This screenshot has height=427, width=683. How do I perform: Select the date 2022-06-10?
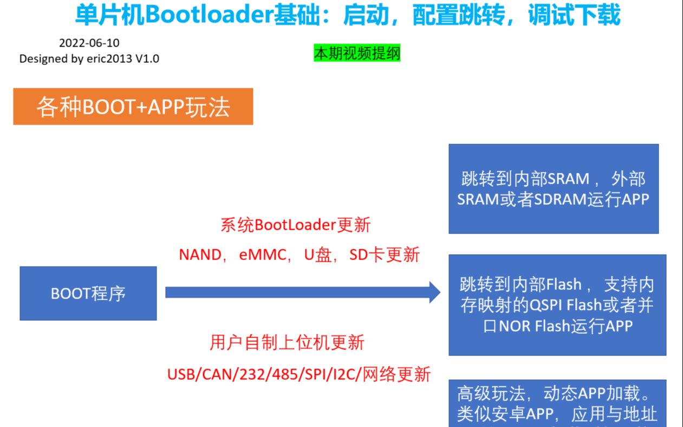tap(89, 43)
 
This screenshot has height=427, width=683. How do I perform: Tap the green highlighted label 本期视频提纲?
tap(357, 54)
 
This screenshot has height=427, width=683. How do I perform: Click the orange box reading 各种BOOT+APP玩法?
tap(133, 107)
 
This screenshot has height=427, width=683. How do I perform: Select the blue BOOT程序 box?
tap(88, 293)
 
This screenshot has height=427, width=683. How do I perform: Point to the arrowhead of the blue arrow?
tap(435, 292)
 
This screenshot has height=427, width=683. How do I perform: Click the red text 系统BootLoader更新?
tap(296, 225)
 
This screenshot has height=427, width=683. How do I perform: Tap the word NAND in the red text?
tap(199, 255)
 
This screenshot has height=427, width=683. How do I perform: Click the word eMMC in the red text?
tap(262, 255)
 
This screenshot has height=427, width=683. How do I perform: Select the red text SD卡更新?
tap(385, 255)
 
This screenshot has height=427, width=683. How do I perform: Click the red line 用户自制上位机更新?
tap(287, 342)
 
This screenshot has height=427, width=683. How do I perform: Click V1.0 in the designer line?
tap(147, 59)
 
